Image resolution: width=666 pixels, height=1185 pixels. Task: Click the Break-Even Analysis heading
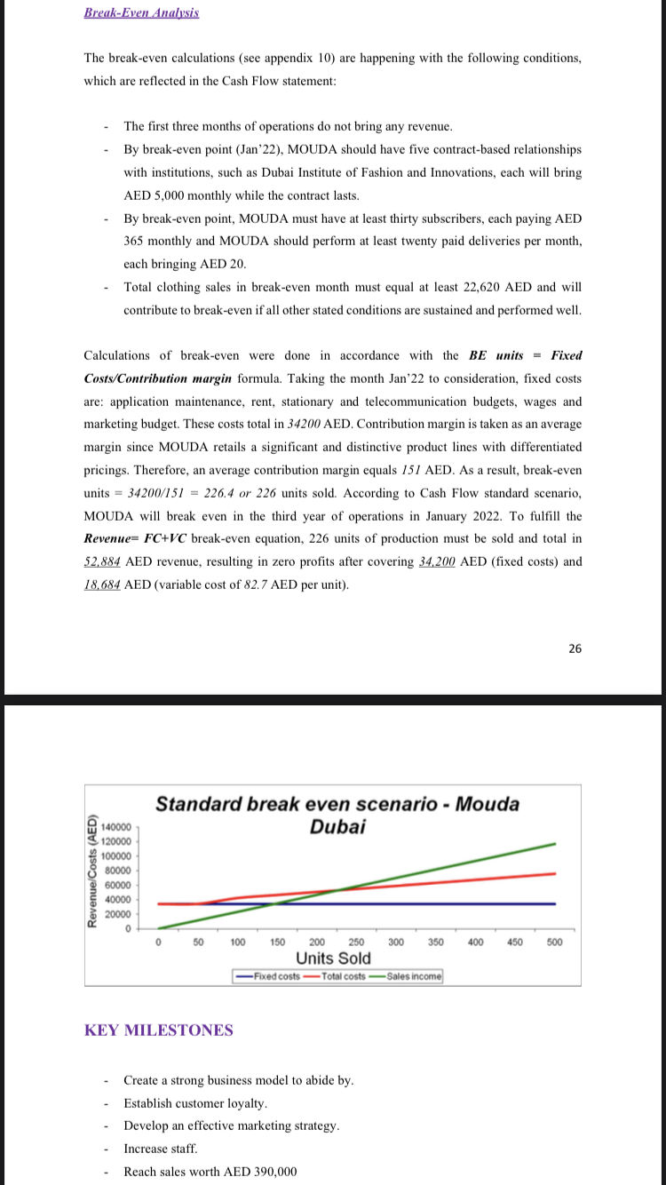[141, 12]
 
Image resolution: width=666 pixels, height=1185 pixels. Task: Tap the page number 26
[575, 648]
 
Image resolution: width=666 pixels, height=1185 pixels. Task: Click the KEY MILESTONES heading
[159, 1030]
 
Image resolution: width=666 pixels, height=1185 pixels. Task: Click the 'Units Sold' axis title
[333, 958]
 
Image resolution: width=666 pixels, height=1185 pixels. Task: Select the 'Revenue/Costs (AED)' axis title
[92, 871]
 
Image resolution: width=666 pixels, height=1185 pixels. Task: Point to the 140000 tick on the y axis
[118, 825]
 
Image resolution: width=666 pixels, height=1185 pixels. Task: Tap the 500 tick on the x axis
[555, 942]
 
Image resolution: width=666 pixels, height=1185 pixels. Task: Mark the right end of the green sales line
[555, 843]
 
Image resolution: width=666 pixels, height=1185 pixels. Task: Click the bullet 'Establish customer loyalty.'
[195, 1103]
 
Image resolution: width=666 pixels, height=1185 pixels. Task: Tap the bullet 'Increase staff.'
[161, 1149]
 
